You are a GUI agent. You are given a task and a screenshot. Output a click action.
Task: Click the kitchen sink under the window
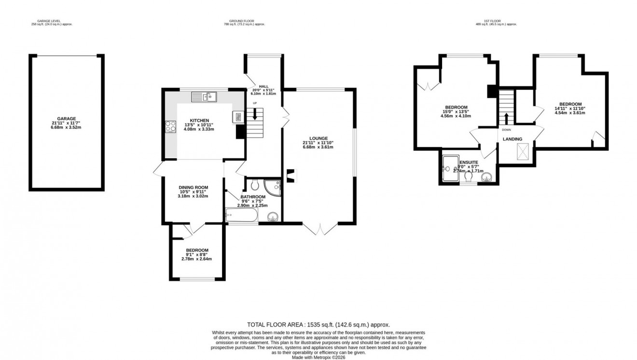point(204,97)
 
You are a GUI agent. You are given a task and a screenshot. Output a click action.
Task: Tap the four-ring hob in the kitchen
point(171,126)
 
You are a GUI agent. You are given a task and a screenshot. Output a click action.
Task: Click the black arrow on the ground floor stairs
point(254,114)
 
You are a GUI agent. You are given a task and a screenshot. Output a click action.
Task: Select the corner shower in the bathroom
point(275,186)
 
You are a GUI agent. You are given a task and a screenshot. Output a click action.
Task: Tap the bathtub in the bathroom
point(241,216)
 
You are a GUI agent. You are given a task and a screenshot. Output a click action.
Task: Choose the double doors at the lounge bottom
point(319,229)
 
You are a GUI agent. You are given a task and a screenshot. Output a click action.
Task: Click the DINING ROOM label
point(193,187)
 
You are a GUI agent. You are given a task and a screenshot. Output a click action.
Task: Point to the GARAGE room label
point(67,118)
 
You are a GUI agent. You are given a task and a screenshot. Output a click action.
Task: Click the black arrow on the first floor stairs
point(506,118)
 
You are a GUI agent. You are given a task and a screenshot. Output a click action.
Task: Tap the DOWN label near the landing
point(506,129)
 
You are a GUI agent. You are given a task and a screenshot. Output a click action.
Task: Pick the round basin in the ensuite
point(486,177)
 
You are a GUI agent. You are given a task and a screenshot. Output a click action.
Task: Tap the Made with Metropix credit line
point(318,357)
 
